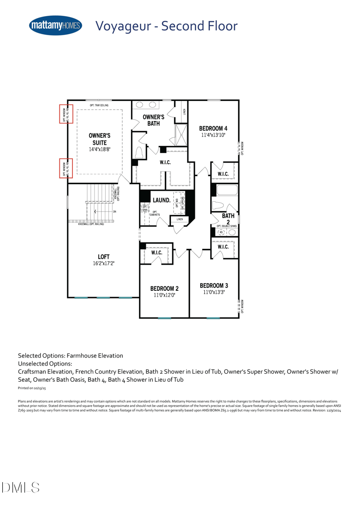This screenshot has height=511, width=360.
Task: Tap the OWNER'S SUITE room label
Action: pyautogui.click(x=99, y=138)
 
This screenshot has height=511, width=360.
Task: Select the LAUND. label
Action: pyautogui.click(x=161, y=199)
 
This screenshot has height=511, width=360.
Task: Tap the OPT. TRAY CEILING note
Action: pyautogui.click(x=95, y=105)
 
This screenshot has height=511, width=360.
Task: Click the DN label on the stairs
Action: pyautogui.click(x=115, y=212)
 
